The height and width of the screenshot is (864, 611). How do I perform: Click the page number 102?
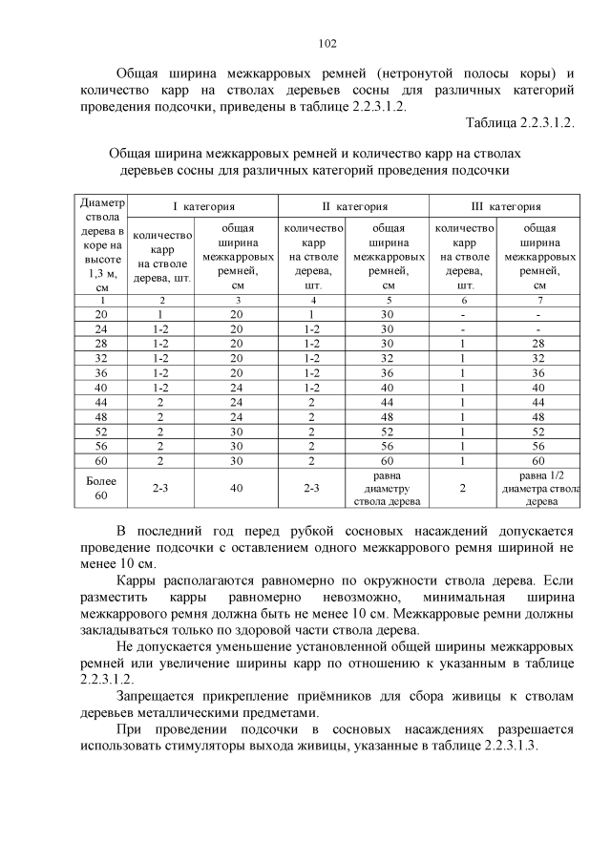tap(327, 43)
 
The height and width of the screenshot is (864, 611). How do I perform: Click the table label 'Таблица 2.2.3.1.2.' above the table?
tap(519, 124)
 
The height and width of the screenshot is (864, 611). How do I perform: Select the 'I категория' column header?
tap(203, 206)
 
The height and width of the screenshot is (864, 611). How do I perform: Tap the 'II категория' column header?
tap(354, 206)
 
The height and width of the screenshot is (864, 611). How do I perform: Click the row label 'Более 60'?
tap(101, 488)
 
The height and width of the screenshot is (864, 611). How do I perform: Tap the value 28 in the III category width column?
tap(540, 344)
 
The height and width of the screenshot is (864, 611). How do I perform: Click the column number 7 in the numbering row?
tap(540, 300)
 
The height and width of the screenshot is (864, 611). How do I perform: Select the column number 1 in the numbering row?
tap(101, 300)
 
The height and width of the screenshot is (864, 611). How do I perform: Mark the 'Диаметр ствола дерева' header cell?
tap(101, 244)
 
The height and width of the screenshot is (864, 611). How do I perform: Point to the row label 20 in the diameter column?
tap(101, 314)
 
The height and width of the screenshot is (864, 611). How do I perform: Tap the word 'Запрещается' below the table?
tap(160, 700)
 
